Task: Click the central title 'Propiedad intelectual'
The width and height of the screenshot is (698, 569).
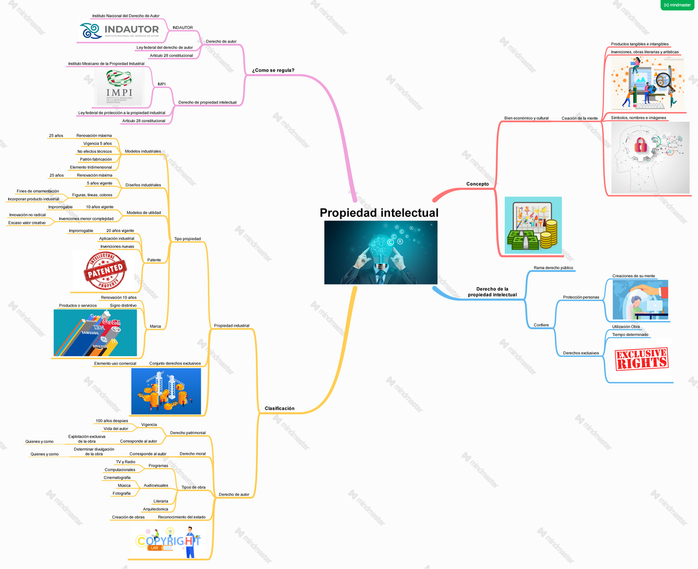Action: coord(379,213)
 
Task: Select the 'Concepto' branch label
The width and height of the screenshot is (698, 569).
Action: coord(477,184)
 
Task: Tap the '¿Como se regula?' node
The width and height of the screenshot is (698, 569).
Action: coord(273,70)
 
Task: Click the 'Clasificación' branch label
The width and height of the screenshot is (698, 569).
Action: coord(279,409)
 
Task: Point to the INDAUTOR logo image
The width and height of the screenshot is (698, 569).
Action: coord(120,31)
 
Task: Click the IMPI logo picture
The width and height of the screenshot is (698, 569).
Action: coord(119,87)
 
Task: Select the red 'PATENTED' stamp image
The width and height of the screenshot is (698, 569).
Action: coord(105,271)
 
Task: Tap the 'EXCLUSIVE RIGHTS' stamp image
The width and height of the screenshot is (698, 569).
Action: coord(642,360)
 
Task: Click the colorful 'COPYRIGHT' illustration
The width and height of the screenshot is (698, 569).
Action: coord(168,541)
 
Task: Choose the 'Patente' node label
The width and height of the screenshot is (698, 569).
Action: coord(154,260)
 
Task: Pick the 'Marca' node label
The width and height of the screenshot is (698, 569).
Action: coord(155,326)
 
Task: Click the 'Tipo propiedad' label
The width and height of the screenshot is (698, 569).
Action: coord(187,239)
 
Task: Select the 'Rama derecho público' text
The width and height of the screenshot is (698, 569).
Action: coord(553,268)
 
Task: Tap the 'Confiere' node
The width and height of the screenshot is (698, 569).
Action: coord(541,325)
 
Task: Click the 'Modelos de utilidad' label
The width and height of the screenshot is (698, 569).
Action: coord(144,213)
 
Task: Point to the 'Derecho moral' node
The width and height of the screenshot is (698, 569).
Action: coord(193,453)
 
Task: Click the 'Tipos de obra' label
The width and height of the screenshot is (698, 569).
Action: coord(193,487)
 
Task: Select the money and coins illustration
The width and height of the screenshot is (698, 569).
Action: coord(533,225)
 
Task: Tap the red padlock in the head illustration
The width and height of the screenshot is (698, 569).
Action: coord(641,145)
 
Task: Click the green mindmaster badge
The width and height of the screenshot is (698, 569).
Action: coord(677,5)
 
